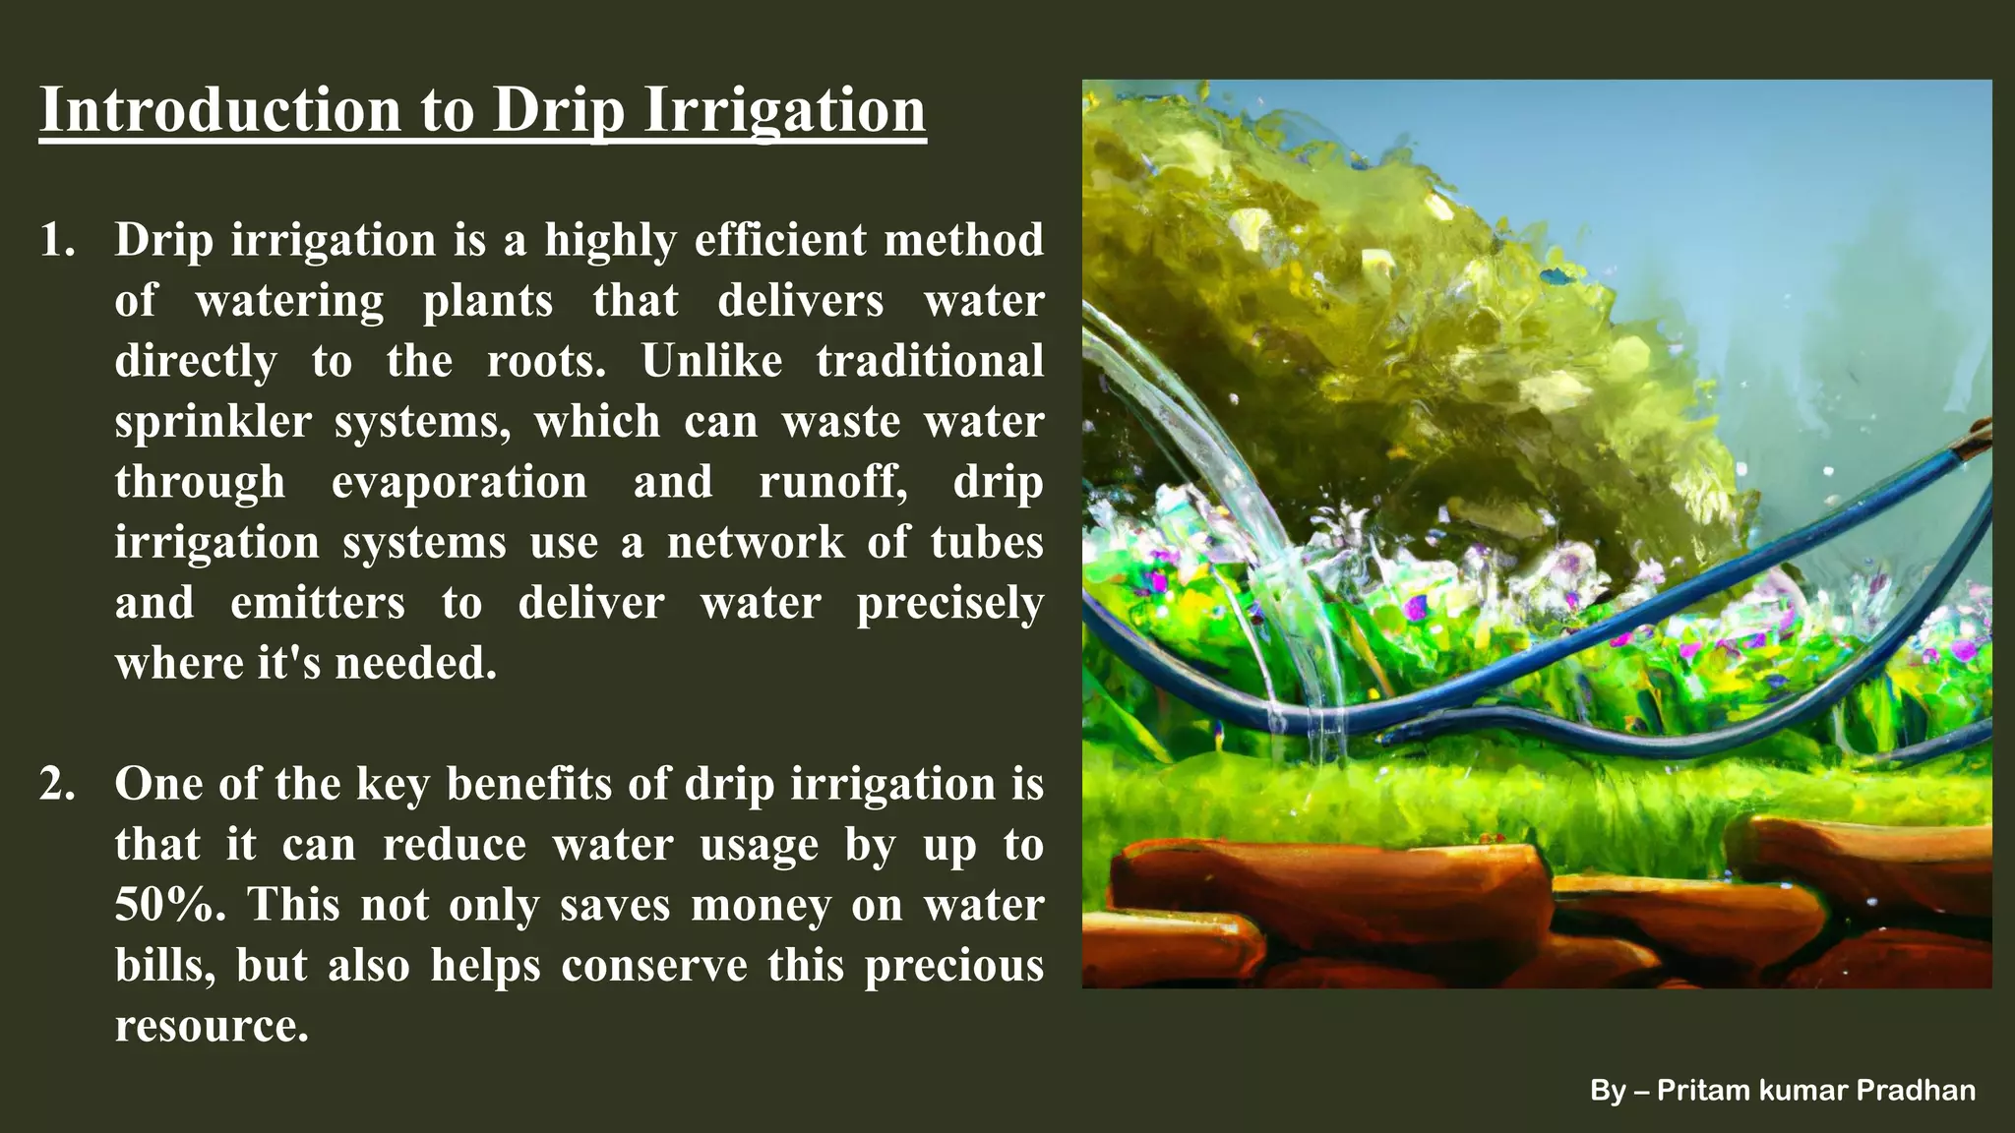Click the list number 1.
[57, 241]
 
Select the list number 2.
[57, 785]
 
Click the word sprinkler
[213, 422]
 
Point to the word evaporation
[458, 482]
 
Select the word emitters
[317, 603]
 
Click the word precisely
[949, 603]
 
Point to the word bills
[163, 965]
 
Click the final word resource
[212, 1026]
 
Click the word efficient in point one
[779, 241]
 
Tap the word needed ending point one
[415, 664]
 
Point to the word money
[761, 905]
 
